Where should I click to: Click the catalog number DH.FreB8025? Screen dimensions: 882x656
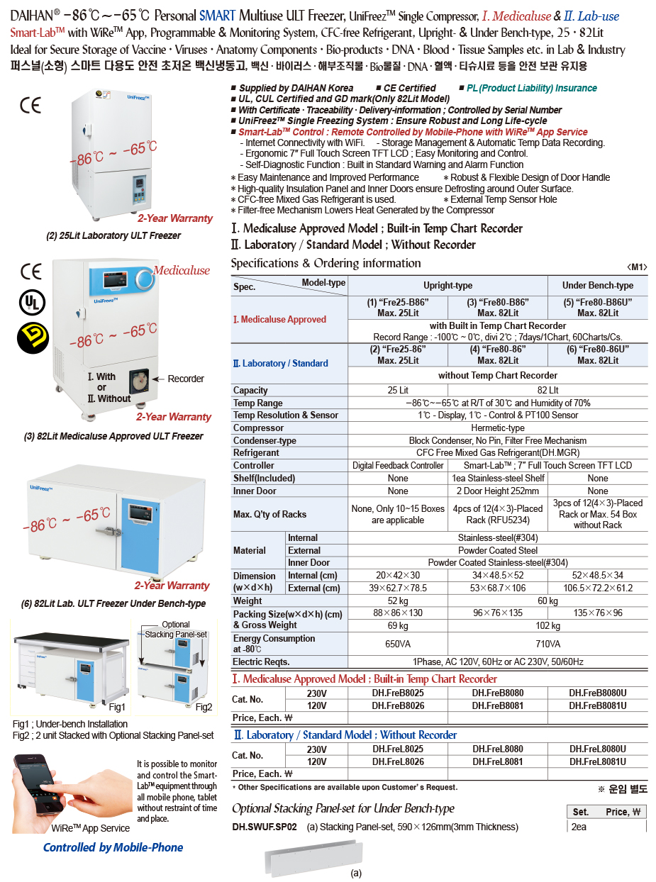tap(398, 693)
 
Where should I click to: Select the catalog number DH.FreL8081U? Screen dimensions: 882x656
tap(598, 761)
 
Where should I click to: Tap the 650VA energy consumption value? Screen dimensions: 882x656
tap(398, 644)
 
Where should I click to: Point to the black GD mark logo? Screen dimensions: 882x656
tap(30, 337)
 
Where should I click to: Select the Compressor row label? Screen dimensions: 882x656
tap(258, 428)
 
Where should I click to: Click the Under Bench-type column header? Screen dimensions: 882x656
tap(598, 285)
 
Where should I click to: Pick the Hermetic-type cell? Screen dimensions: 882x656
tap(498, 428)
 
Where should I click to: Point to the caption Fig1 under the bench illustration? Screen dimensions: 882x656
tap(117, 707)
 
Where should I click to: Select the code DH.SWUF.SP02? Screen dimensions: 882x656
tap(265, 827)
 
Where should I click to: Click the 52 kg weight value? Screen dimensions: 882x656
tap(398, 601)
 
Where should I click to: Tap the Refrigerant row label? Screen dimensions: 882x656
tap(256, 452)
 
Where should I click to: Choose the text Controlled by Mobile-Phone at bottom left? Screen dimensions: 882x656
tap(113, 847)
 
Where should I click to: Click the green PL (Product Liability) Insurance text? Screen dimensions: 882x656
tap(531, 88)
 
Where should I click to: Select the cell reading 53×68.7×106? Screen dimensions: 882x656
tap(498, 588)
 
